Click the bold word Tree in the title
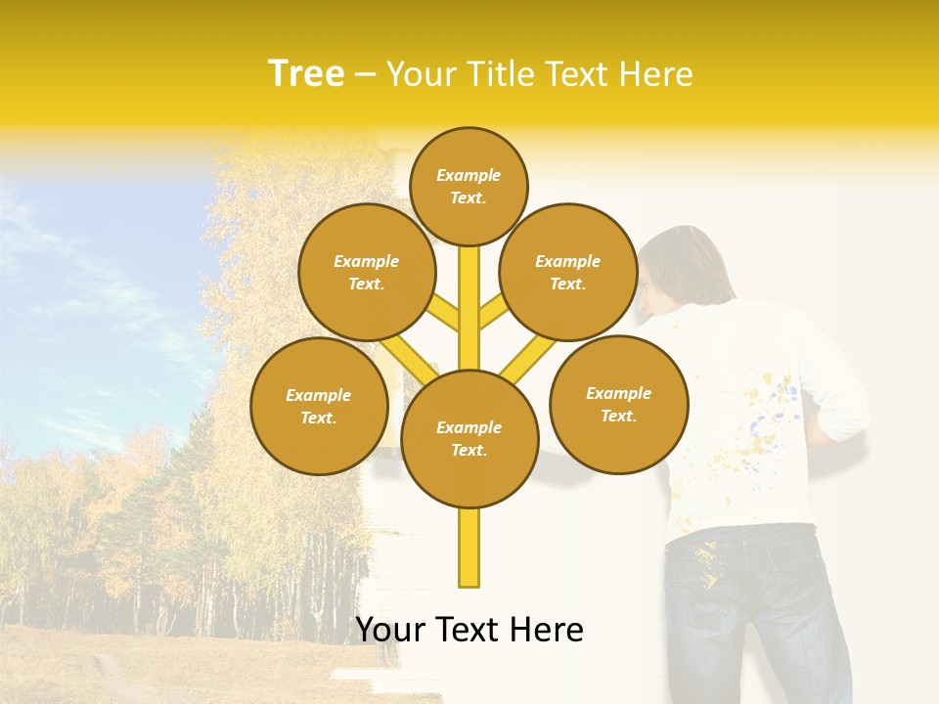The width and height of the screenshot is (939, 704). [x=306, y=73]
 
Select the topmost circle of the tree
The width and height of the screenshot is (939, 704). [x=469, y=186]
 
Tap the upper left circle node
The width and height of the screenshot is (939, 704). [x=366, y=272]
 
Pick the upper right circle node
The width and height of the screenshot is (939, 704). [x=567, y=272]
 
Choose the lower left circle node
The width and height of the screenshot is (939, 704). [x=319, y=406]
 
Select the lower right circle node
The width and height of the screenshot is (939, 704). [x=618, y=404]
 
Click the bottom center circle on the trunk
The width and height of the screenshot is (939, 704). [x=469, y=438]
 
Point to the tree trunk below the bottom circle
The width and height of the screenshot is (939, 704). [x=469, y=548]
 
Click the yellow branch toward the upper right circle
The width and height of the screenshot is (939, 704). [x=492, y=313]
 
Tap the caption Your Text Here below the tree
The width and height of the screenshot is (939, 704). [x=469, y=630]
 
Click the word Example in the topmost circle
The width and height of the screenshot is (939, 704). [x=469, y=175]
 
